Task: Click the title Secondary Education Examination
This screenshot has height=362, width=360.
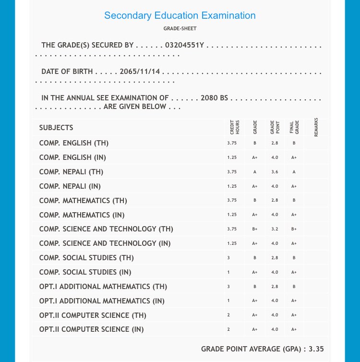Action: click(180, 15)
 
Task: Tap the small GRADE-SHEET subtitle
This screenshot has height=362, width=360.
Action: click(180, 29)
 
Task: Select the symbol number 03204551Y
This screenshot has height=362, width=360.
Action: click(185, 45)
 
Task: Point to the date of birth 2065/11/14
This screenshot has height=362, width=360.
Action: click(140, 72)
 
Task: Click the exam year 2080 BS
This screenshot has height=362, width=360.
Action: click(215, 98)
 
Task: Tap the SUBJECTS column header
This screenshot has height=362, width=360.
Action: click(56, 128)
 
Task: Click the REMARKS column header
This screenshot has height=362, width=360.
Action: click(316, 128)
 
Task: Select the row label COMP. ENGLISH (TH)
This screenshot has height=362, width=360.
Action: click(74, 143)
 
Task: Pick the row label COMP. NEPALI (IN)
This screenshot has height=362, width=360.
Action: click(70, 186)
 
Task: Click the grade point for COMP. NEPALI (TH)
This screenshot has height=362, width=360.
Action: click(274, 172)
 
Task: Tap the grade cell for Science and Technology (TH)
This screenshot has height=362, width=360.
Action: click(255, 229)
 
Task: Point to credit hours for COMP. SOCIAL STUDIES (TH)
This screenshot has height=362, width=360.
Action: click(228, 258)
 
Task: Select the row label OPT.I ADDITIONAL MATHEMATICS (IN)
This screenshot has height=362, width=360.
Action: click(102, 301)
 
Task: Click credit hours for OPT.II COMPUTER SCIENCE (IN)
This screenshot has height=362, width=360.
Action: click(228, 330)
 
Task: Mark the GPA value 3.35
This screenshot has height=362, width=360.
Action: click(316, 349)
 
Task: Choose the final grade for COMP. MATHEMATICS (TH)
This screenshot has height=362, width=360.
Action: click(294, 201)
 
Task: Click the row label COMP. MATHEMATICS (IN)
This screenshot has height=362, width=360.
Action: click(82, 215)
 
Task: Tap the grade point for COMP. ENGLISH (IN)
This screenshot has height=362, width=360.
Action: click(274, 157)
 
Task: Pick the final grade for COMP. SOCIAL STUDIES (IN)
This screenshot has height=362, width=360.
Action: click(294, 273)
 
